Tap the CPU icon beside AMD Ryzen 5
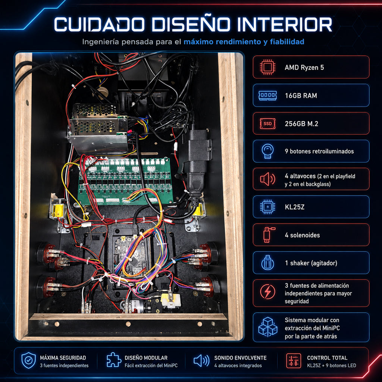coord(267,67)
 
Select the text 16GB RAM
coord(301,95)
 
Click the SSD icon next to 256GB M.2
coord(267,123)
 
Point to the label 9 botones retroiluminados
coord(319,151)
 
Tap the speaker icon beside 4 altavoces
coord(267,179)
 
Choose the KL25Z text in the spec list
coord(295,207)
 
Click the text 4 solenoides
coord(302,235)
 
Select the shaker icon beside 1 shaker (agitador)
coord(267,263)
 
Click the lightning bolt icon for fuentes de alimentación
coord(267,292)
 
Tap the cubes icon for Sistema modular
coord(267,327)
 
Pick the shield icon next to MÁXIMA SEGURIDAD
coord(28,360)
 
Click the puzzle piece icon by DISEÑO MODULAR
coord(114,360)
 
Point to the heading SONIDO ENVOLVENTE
coord(240,358)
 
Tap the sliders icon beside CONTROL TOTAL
coord(294,361)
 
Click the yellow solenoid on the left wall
coord(58,210)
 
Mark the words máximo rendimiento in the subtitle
coord(222,42)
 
